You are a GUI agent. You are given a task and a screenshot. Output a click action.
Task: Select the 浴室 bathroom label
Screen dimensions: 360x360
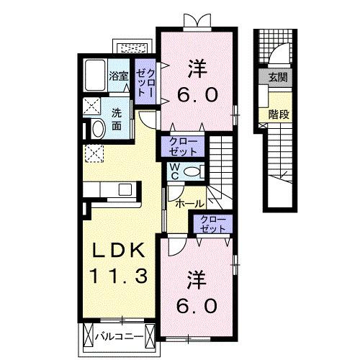tap(119, 74)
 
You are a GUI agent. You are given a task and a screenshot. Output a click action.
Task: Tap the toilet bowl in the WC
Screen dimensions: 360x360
tap(190, 171)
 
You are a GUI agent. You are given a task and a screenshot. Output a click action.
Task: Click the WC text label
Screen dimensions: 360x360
tap(174, 172)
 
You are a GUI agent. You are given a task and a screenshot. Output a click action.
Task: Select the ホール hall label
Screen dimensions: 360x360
tap(190, 204)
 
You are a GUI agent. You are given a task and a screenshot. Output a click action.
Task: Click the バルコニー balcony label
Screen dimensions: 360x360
tap(119, 336)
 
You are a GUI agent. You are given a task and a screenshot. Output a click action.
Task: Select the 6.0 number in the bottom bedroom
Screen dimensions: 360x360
tap(196, 305)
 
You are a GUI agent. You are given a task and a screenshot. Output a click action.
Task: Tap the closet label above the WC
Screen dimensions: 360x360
tap(185, 146)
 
